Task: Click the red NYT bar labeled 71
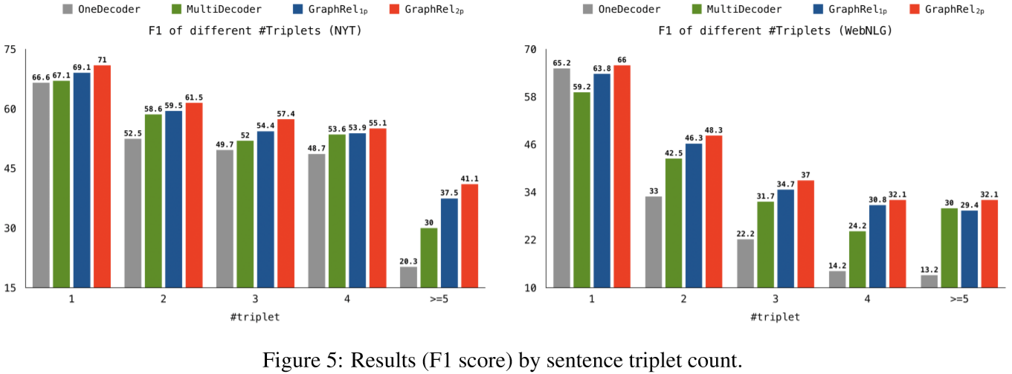[x=102, y=176]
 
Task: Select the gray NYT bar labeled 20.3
[x=408, y=277]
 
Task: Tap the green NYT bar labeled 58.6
[x=153, y=201]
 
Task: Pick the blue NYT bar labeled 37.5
[x=449, y=242]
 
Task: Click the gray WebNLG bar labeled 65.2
[x=561, y=178]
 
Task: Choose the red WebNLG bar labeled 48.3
[x=713, y=211]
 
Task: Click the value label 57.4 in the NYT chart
[x=286, y=114]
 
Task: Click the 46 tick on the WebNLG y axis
[x=529, y=145]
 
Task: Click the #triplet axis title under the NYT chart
[x=255, y=317]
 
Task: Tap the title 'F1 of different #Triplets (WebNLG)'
[x=775, y=31]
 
